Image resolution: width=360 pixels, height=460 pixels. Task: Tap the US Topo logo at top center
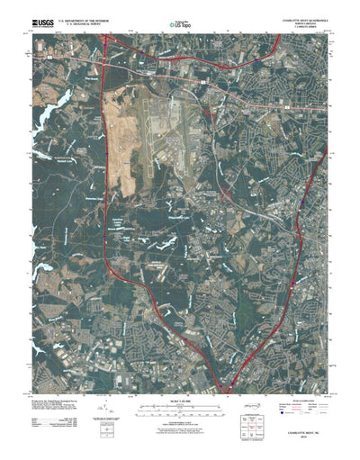click(x=180, y=20)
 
